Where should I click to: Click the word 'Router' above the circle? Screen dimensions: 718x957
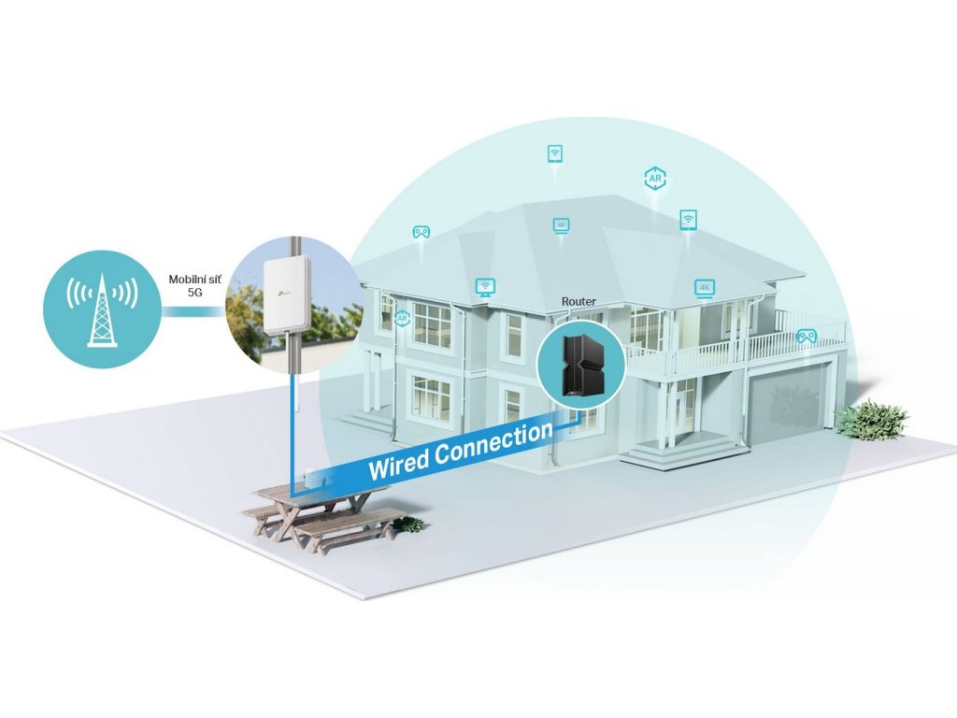[x=578, y=302]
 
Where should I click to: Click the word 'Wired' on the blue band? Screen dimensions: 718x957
[x=400, y=461]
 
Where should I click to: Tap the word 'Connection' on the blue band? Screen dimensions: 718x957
[x=493, y=439]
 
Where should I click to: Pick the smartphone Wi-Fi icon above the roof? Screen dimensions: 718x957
[x=554, y=153]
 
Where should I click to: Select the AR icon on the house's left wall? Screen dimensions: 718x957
[x=403, y=319]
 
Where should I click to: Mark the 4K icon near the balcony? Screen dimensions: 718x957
[x=704, y=288]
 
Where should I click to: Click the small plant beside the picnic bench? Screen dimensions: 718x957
[x=409, y=524]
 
